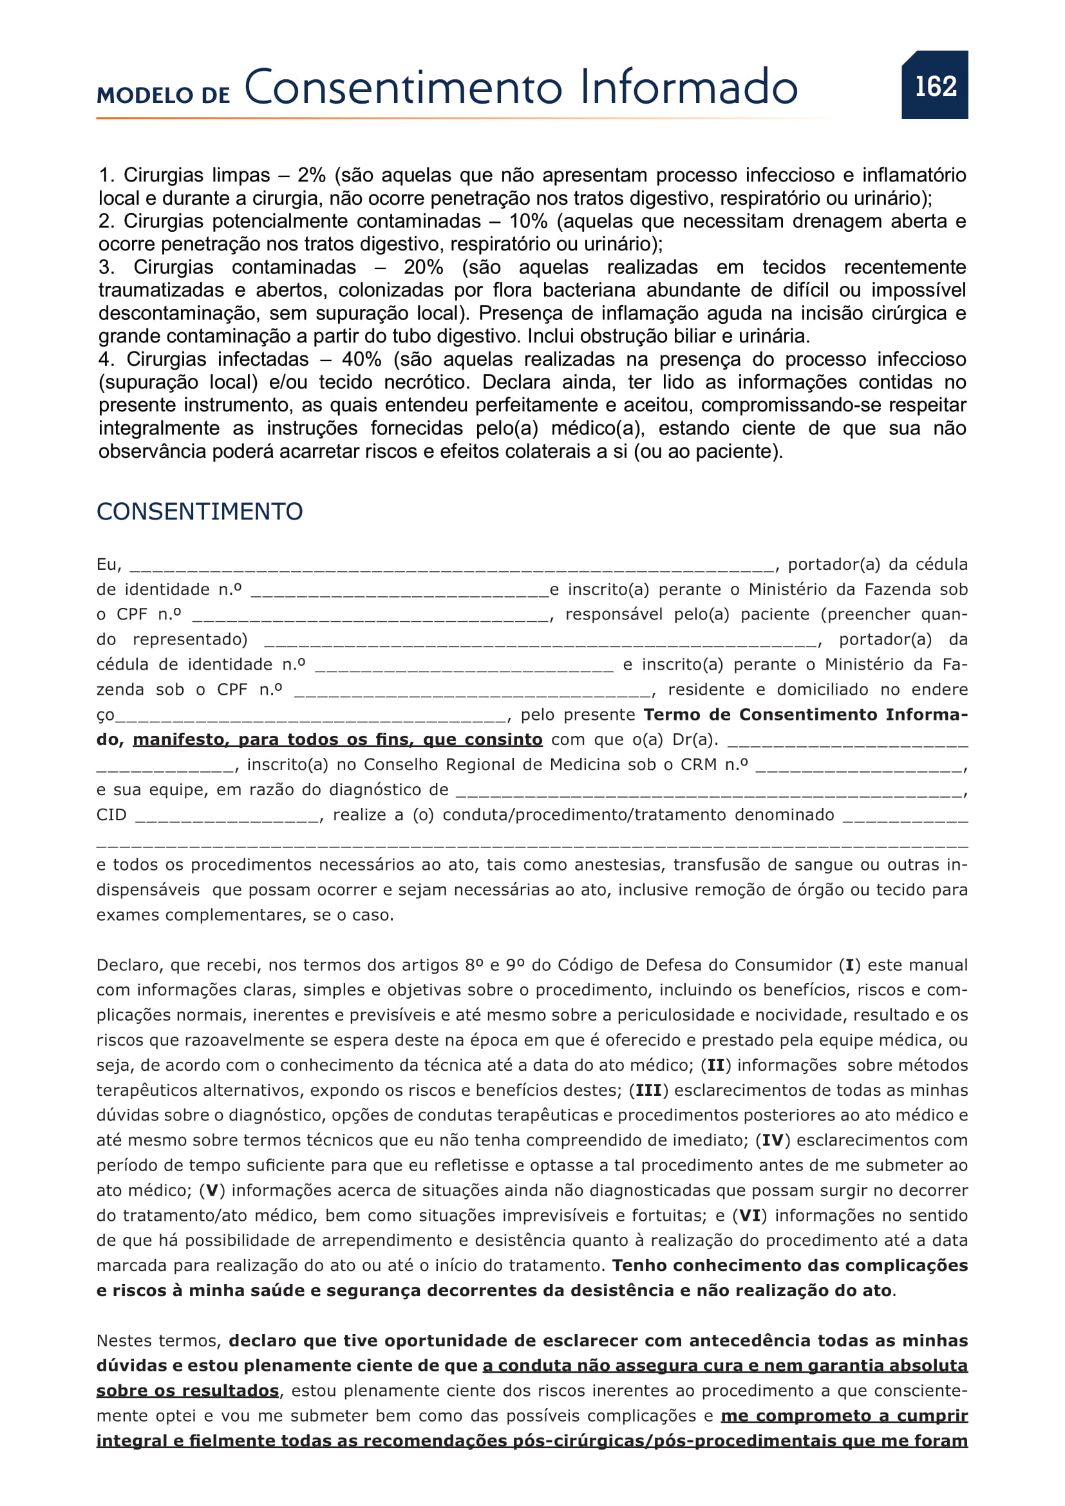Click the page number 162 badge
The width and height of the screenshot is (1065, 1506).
click(934, 85)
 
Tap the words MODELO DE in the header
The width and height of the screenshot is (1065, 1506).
click(164, 95)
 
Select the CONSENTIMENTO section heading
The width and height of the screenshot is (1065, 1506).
click(200, 512)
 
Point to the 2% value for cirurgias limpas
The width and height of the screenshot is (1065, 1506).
click(311, 175)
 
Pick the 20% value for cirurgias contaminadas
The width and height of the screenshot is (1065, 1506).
click(423, 267)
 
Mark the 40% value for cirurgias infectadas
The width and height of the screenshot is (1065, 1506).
click(361, 359)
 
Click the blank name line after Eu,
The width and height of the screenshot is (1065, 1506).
click(453, 566)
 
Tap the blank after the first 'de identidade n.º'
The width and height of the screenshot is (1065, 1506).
click(400, 591)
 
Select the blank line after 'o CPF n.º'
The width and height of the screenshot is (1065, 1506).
click(370, 616)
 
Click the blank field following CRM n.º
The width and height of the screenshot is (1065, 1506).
click(859, 766)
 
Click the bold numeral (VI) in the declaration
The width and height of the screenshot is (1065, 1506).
click(750, 1216)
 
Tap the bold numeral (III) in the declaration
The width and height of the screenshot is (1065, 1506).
click(648, 1090)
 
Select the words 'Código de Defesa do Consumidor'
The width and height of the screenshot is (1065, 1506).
click(695, 965)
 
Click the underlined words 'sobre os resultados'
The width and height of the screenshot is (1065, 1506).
click(187, 1391)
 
